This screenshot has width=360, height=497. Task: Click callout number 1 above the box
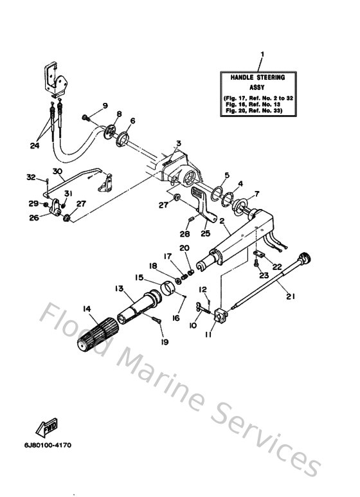(262, 53)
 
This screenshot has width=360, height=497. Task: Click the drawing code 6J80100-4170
(49, 444)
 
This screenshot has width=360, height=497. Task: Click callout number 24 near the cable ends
(34, 145)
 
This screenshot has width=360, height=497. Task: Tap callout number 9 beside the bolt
(105, 105)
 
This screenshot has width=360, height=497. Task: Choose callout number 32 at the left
(30, 177)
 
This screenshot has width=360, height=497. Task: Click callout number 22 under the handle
(277, 266)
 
